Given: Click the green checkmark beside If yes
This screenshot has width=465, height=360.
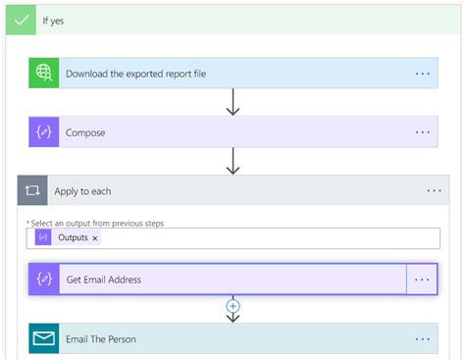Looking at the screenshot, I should pos(21,20).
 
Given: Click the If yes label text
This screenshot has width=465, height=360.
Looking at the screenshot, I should pos(53,20).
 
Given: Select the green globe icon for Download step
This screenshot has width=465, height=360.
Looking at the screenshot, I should pos(44,74).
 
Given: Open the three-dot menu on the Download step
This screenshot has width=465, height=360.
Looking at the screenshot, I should pos(423,74).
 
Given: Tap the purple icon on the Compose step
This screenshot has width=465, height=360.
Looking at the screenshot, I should pos(44,132).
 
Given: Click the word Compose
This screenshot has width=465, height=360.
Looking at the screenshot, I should pos(85,132).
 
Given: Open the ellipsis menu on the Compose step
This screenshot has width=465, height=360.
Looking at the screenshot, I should pos(423,132).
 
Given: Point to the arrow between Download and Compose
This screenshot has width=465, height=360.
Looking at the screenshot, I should pos(232,102).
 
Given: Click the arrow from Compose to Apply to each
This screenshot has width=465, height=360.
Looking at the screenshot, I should pos(232,161).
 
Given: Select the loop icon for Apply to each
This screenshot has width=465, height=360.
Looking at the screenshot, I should pos(32,191).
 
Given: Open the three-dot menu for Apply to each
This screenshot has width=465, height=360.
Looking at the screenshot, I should pos(435,191).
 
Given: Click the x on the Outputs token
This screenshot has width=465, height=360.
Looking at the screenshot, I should pos(95,238).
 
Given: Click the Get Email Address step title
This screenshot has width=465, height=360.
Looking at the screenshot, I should pos(103,280).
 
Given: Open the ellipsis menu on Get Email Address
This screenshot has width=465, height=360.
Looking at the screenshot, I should pos(422,280).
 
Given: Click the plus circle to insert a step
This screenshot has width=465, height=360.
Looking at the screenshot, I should pos(232,306).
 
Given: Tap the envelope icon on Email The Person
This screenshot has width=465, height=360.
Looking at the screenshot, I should pos(44,339).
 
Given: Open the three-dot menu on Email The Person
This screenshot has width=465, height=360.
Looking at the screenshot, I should pos(423,339).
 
